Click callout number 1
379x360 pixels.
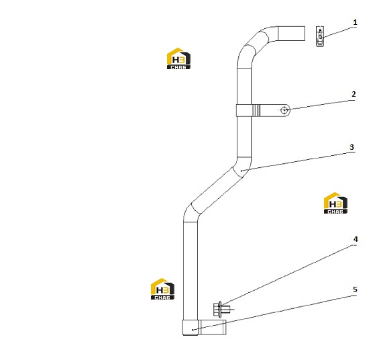[355, 23]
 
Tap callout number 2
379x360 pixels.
[354, 94]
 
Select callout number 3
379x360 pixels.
[351, 147]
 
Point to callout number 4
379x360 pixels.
[356, 239]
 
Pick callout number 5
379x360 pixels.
[355, 289]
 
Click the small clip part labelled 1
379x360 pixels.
[320, 36]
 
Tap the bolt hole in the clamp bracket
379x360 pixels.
[284, 110]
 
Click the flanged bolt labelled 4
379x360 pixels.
[221, 309]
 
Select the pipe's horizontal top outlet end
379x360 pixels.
[291, 34]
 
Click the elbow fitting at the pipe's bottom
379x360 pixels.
[191, 327]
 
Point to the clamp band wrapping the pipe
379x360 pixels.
[244, 110]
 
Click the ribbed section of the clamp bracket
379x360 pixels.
[256, 110]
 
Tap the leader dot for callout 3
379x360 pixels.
[241, 171]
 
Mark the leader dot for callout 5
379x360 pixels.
[193, 330]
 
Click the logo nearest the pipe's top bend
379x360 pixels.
[178, 58]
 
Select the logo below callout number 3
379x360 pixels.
[335, 203]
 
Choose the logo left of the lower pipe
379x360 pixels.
[162, 289]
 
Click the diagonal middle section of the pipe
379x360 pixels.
[217, 191]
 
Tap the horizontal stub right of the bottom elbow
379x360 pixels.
[212, 327]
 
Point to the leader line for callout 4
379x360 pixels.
[288, 275]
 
